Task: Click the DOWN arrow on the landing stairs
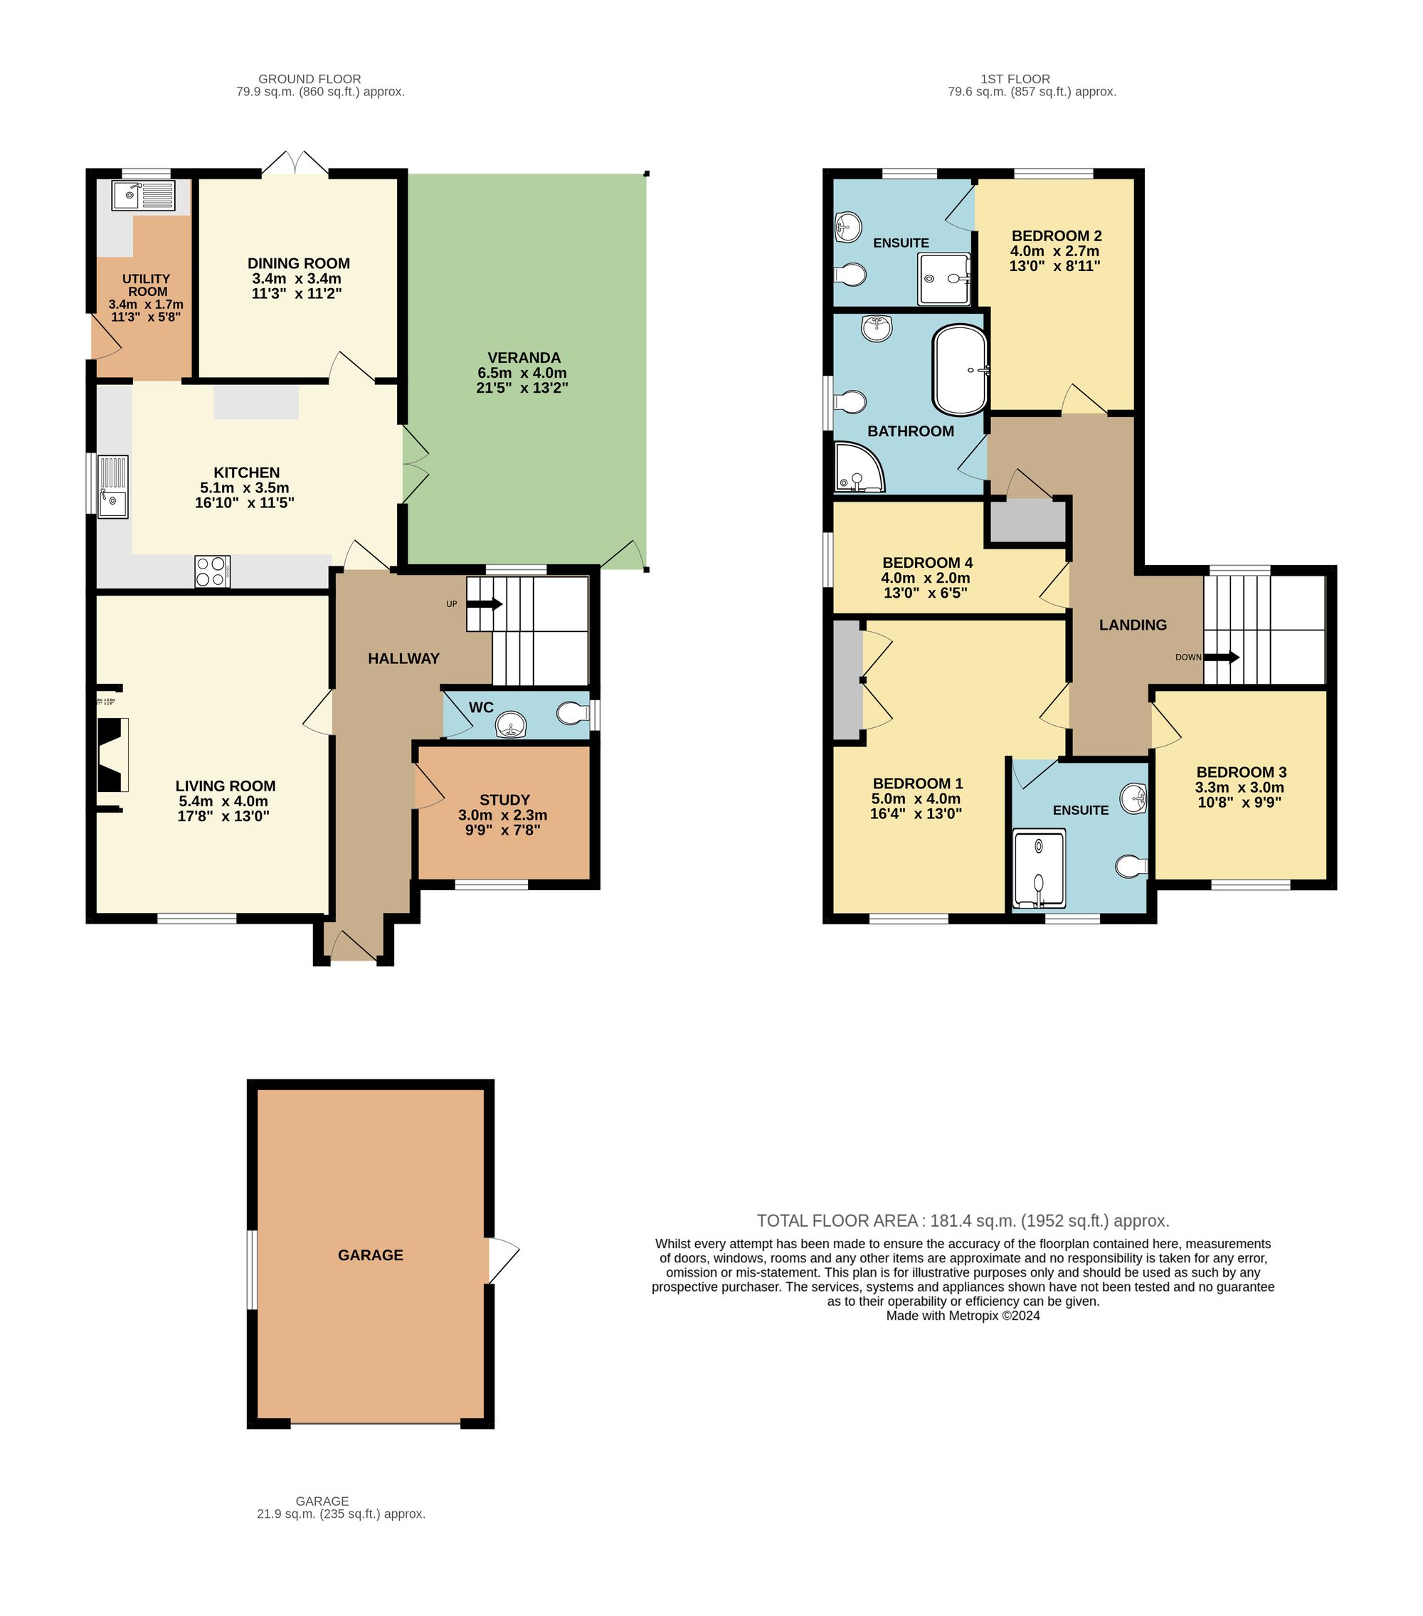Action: (1224, 658)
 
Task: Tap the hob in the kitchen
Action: (213, 571)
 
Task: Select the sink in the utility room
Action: (143, 195)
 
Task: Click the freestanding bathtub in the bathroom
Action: (961, 370)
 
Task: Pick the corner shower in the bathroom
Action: (858, 469)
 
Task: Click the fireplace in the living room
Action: (112, 755)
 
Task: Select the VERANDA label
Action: (524, 358)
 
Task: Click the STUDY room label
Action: (504, 800)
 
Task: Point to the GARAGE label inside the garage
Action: (370, 1255)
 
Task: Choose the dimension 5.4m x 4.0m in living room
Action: (223, 801)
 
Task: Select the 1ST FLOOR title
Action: (1015, 79)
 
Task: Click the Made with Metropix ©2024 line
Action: (963, 1316)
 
